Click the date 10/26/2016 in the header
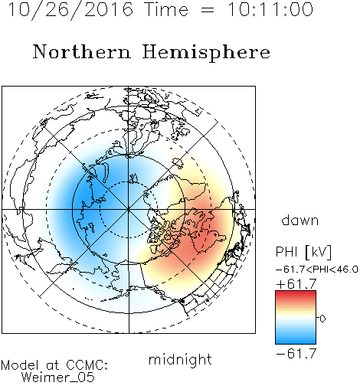(70, 10)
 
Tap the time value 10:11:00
(270, 9)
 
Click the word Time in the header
(166, 9)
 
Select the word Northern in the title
(82, 51)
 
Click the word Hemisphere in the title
(206, 53)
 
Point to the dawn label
(300, 220)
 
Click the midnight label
(180, 359)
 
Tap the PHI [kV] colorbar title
(303, 252)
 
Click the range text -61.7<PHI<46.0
(317, 270)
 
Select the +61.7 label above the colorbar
(296, 283)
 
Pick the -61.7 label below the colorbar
(296, 354)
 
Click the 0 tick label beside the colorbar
(322, 319)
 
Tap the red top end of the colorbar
(296, 293)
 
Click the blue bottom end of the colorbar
(296, 342)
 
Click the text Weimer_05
(58, 377)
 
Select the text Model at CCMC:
(54, 365)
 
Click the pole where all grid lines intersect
(129, 209)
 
